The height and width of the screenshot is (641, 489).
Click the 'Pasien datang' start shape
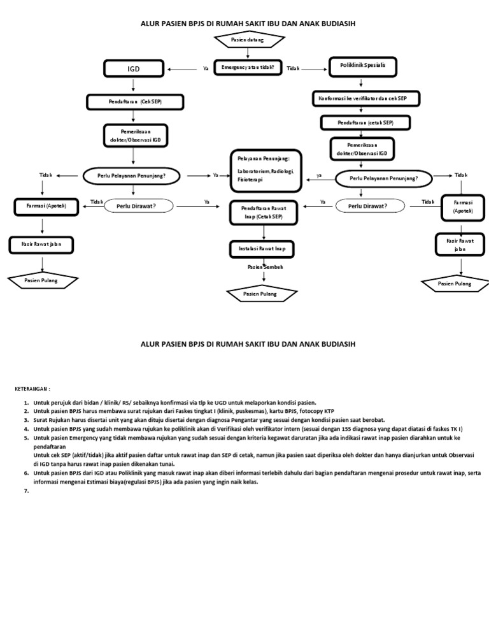coord(248,41)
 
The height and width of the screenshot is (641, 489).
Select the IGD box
coord(133,68)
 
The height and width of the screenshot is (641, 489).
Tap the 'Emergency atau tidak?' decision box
coord(248,66)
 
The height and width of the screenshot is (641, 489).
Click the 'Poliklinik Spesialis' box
coord(362,66)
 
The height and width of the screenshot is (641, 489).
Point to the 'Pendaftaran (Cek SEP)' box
coord(135,101)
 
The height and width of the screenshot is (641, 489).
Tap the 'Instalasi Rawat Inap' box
coord(262,248)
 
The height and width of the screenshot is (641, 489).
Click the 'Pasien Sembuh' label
coord(265,267)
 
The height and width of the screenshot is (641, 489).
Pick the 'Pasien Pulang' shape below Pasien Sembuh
coord(260,294)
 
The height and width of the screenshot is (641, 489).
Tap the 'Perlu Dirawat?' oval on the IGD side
coord(136,206)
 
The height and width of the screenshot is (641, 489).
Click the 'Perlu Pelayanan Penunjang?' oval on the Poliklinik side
coord(384,178)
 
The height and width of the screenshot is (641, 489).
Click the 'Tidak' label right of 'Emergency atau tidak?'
coord(293,68)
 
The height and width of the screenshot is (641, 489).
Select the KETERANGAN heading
coord(33,388)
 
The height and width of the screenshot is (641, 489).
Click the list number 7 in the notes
coord(26,490)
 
